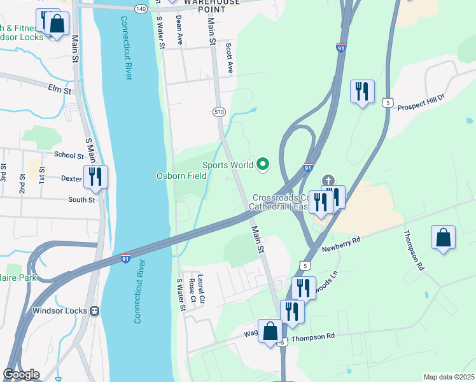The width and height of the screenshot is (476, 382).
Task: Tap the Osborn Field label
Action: pyautogui.click(x=181, y=176)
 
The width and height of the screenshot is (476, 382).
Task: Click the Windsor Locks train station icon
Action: pyautogui.click(x=94, y=311)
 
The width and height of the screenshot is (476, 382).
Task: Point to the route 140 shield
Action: pyautogui.click(x=141, y=8)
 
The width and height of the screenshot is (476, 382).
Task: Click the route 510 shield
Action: pyautogui.click(x=219, y=112)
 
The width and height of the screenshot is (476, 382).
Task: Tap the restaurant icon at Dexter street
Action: pyautogui.click(x=95, y=178)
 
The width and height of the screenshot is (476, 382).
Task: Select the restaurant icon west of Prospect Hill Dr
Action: pyautogui.click(x=362, y=92)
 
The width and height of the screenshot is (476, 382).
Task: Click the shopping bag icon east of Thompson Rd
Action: pyautogui.click(x=444, y=238)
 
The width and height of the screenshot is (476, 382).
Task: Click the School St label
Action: pyautogui.click(x=69, y=155)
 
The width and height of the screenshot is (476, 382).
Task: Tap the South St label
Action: pyautogui.click(x=82, y=200)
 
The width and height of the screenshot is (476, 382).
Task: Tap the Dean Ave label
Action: pyautogui.click(x=179, y=31)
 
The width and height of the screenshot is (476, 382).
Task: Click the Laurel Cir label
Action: pyautogui.click(x=200, y=288)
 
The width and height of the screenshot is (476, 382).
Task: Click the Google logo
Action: pyautogui.click(x=21, y=374)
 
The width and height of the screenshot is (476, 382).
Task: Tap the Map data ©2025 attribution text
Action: pyautogui.click(x=448, y=377)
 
